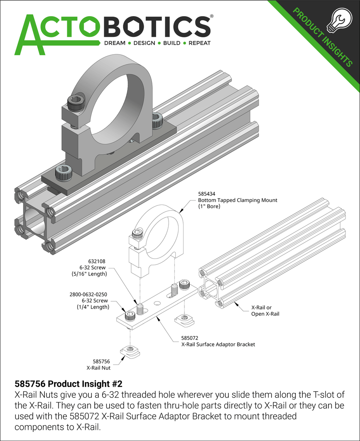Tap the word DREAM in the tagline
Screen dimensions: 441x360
point(114,43)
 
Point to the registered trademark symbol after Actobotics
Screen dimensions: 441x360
point(212,17)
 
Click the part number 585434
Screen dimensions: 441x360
point(207,194)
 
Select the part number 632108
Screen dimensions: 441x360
point(97,261)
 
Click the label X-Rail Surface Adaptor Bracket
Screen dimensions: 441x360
point(218,344)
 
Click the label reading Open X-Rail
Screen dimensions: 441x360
point(265,314)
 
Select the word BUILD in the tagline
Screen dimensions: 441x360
point(171,43)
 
